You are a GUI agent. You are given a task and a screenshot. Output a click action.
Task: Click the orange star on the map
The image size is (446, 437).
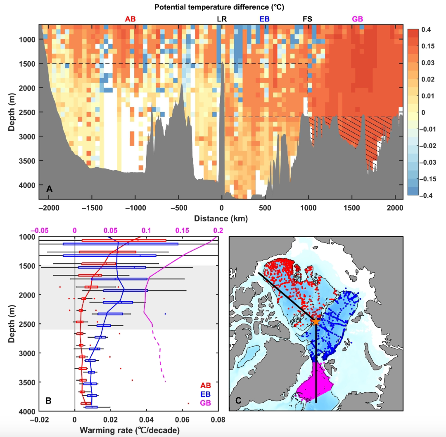(316, 321)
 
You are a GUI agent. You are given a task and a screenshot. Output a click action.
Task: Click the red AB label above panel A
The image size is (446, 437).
(130, 19)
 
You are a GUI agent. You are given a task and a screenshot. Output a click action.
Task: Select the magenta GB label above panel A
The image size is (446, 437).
(358, 19)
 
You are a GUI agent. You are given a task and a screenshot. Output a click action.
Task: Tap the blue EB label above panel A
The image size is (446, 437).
(265, 19)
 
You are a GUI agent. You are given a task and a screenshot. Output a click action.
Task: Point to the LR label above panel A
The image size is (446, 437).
(222, 19)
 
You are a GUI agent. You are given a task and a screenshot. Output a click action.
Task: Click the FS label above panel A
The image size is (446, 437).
(307, 19)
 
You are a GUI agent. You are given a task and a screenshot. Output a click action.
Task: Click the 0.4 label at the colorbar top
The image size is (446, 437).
(427, 30)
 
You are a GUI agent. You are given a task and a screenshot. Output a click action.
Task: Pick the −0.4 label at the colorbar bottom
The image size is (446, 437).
(425, 195)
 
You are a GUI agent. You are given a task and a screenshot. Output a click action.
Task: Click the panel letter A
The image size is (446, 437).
(50, 189)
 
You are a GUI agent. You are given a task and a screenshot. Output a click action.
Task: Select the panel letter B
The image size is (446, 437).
(48, 401)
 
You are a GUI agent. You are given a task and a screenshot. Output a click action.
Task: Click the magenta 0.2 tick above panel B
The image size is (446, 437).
(218, 230)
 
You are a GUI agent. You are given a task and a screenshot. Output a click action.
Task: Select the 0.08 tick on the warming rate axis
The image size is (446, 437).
(218, 419)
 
